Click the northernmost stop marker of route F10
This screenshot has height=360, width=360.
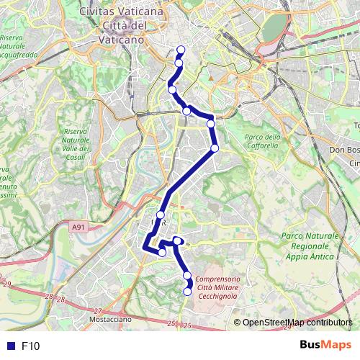click(181, 50)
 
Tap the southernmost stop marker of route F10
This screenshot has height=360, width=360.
click(188, 292)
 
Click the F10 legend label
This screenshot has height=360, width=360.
click(31, 346)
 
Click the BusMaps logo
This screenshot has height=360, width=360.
click(321, 346)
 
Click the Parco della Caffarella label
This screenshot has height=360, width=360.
click(261, 141)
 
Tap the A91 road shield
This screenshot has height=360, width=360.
click(79, 227)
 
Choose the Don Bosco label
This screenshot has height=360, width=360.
click(343, 150)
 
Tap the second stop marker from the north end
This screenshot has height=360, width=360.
click(178, 63)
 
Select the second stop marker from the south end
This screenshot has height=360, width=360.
click(187, 276)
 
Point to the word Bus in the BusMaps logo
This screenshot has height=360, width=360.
click(311, 346)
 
